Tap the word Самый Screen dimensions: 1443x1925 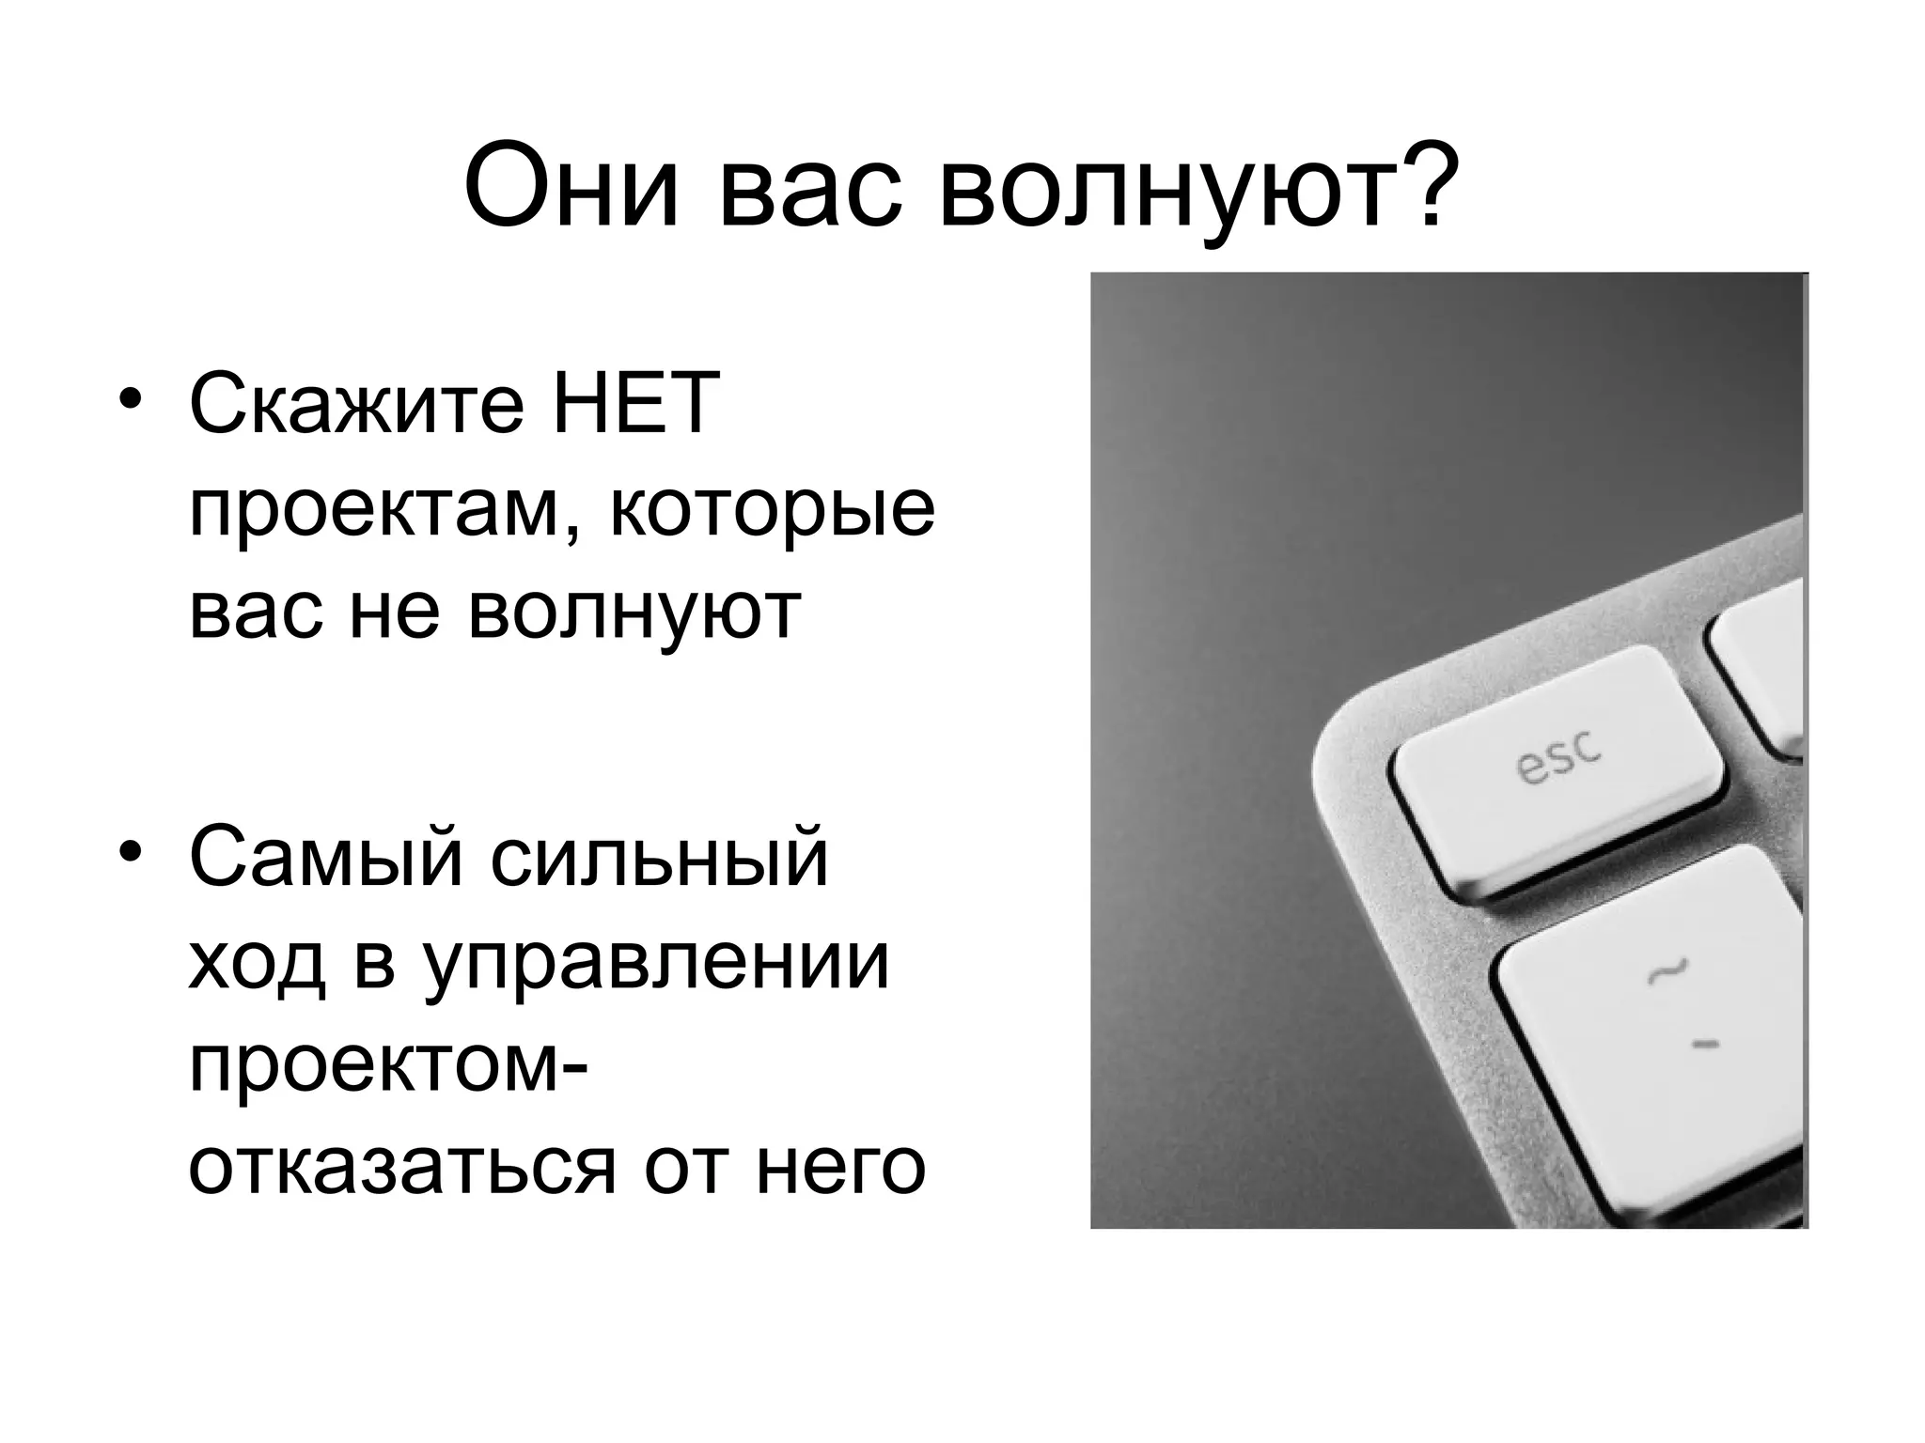[x=325, y=858]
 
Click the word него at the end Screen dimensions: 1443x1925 [x=840, y=1170]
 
